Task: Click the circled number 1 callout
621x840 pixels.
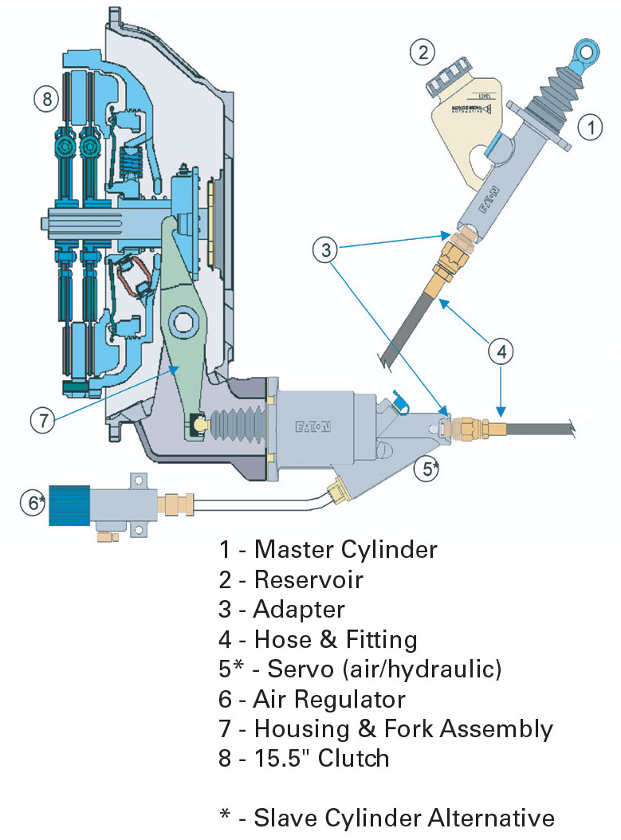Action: click(589, 126)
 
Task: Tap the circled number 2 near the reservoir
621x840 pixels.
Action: click(423, 53)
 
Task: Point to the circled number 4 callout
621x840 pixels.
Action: click(501, 350)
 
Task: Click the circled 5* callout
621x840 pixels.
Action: click(430, 469)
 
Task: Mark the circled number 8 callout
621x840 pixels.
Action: click(46, 100)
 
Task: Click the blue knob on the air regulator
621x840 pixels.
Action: click(69, 504)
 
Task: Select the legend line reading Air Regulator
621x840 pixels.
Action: click(329, 699)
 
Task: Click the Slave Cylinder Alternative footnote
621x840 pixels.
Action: click(387, 818)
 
